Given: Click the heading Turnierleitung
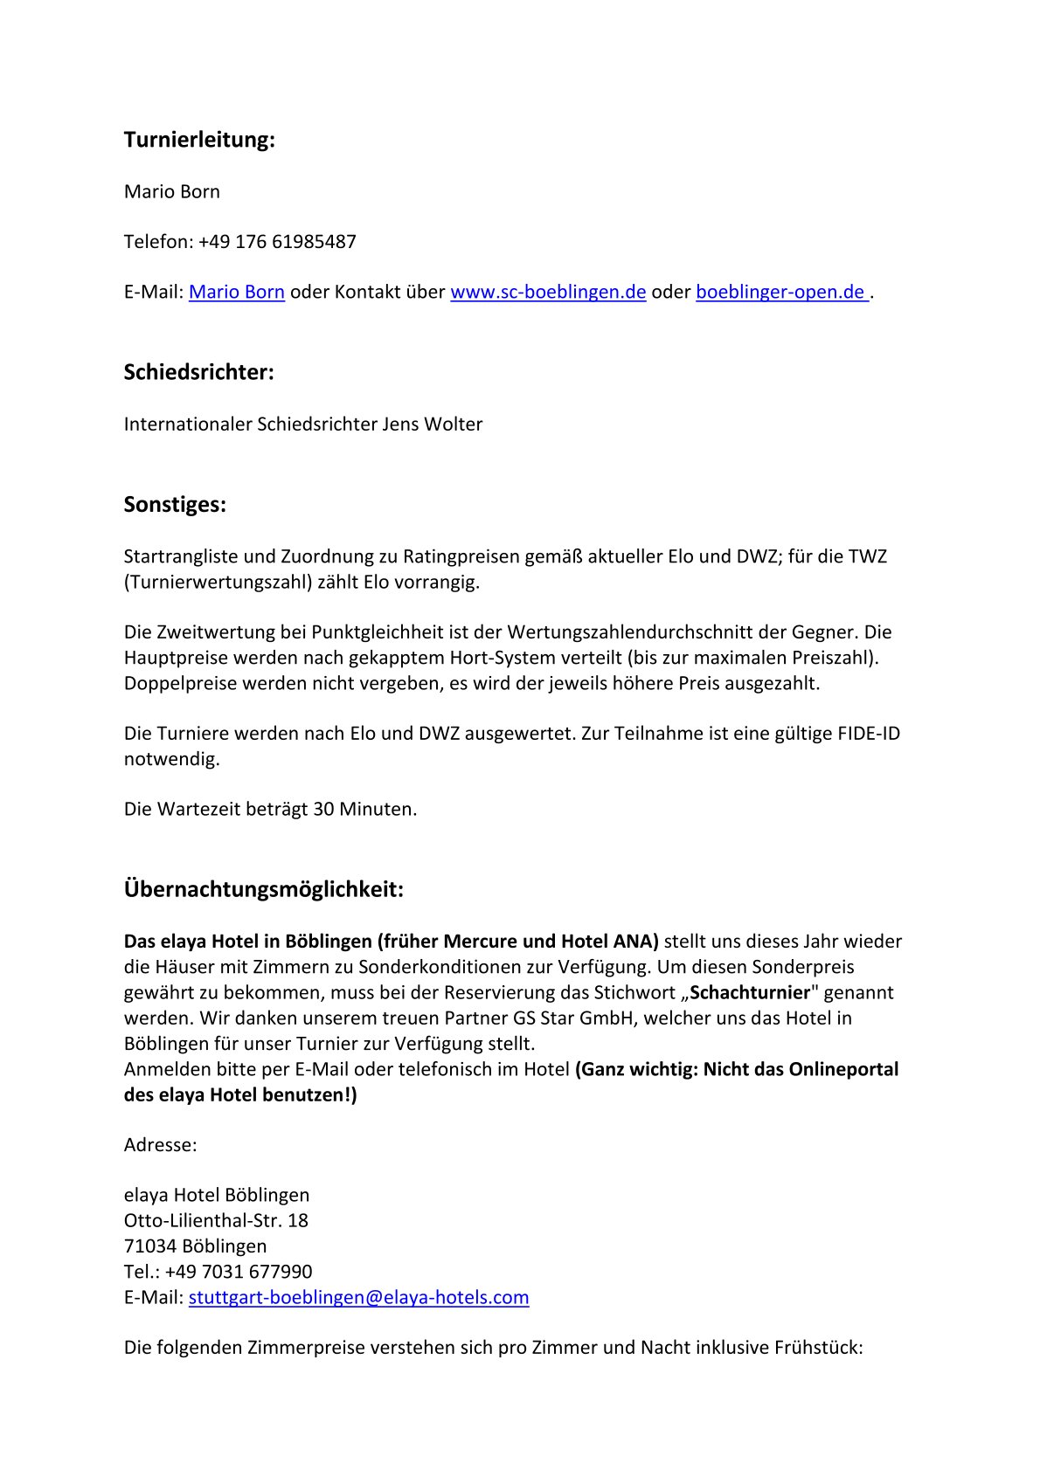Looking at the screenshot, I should pos(199,140).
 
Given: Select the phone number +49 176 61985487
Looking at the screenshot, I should pos(277,242).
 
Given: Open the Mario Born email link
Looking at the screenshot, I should pos(236,293).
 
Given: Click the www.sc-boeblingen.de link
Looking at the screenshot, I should pos(548,293).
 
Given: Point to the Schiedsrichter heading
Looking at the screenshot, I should pos(198,373).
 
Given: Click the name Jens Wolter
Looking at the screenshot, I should pos(432,424).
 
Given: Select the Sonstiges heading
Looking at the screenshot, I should pos(175,505).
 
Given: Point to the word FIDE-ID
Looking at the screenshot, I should pos(868,734).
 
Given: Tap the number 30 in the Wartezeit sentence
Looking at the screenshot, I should pos(323,810).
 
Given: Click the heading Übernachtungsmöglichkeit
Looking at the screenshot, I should pos(263,890).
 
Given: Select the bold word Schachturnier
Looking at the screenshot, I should pos(750,993).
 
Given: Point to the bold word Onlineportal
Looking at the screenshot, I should pos(843,1070).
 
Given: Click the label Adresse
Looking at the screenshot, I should pos(160,1145).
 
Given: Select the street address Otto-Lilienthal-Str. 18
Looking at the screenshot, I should pos(216,1221).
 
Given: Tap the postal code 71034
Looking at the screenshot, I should pos(149,1246).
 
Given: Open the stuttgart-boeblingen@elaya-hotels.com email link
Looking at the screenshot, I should pos(358,1298).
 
